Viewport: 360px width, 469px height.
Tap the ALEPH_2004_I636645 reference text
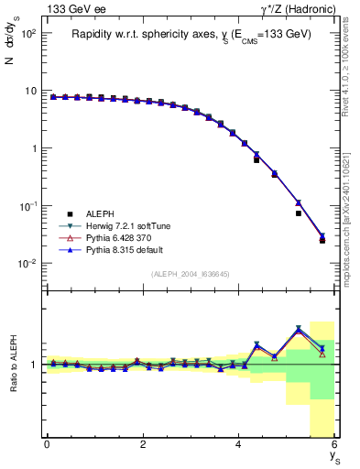pyautogui.click(x=190, y=274)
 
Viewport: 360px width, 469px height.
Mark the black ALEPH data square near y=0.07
pyautogui.click(x=299, y=213)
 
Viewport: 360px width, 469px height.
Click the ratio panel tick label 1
pyautogui.click(x=33, y=365)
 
